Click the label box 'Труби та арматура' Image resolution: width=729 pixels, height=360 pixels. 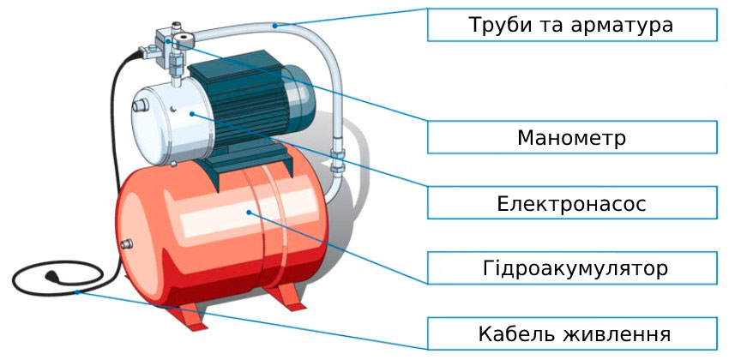[x=572, y=25]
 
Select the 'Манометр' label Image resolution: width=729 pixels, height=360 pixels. [x=572, y=137]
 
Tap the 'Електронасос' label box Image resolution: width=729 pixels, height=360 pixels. [x=572, y=203]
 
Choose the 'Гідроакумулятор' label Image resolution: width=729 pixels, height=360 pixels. [x=572, y=268]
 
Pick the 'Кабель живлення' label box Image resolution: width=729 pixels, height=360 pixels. [x=572, y=333]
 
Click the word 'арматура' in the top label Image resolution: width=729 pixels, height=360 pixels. [x=622, y=26]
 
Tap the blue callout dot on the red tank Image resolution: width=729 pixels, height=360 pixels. [x=250, y=213]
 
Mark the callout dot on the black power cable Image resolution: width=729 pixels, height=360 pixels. [x=77, y=292]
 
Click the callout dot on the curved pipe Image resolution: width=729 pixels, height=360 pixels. [x=274, y=26]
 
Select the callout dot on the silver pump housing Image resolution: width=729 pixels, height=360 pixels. [x=191, y=113]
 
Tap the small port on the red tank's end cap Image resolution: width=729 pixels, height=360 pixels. [x=126, y=244]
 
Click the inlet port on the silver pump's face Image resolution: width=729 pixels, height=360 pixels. [x=139, y=105]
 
